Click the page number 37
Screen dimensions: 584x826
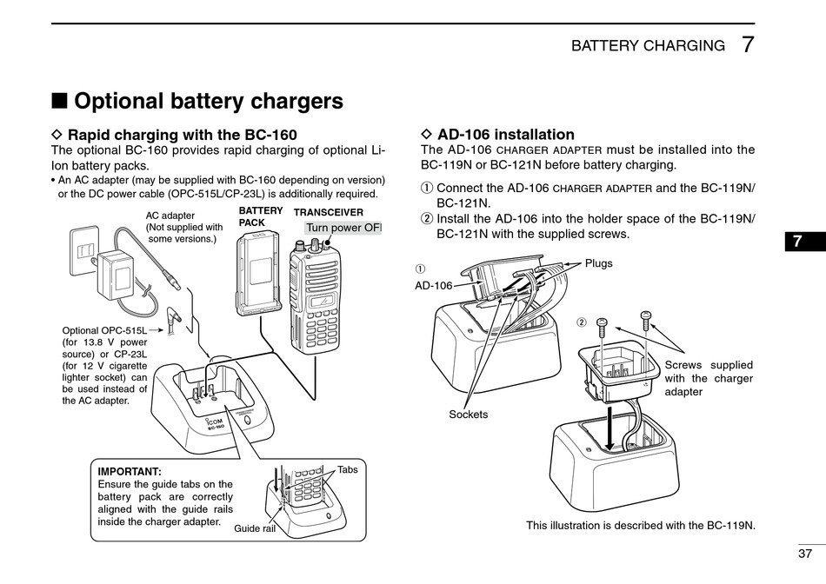click(804, 554)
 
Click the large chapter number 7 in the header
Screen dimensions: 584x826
click(749, 45)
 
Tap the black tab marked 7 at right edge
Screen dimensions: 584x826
click(798, 242)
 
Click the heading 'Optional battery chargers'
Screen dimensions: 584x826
click(208, 101)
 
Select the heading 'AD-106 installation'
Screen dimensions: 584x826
click(505, 135)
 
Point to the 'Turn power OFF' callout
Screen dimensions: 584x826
click(343, 228)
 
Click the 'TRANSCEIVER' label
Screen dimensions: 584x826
click(329, 211)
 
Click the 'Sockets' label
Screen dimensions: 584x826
click(468, 415)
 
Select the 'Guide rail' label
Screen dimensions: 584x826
click(255, 528)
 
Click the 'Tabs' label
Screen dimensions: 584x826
click(348, 469)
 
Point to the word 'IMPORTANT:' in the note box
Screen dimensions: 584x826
click(130, 471)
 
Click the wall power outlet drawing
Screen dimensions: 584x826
click(85, 251)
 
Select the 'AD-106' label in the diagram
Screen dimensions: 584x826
click(433, 285)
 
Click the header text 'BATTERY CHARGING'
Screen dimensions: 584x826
click(648, 46)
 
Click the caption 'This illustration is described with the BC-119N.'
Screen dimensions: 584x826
click(641, 526)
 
